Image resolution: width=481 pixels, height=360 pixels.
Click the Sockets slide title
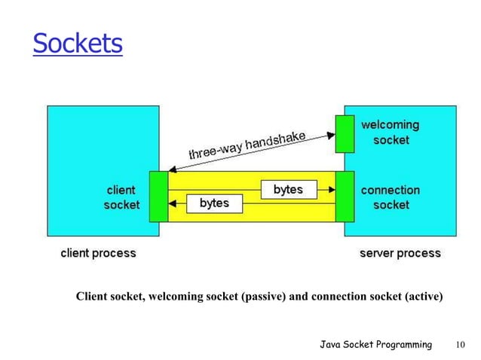tap(77, 44)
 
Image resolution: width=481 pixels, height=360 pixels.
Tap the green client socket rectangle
tap(158, 197)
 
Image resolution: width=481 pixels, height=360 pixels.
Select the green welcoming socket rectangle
tap(345, 133)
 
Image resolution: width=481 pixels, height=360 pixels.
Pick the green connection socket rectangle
tap(345, 197)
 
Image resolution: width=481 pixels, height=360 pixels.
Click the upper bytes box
tap(288, 190)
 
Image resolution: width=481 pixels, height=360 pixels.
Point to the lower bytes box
tap(214, 203)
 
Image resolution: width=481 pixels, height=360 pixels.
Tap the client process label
tap(98, 254)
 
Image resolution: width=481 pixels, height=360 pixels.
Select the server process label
tap(400, 254)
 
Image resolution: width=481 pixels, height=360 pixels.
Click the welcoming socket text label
tap(390, 133)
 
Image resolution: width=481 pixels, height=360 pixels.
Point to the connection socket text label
tap(390, 197)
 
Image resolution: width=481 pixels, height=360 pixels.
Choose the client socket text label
tap(121, 197)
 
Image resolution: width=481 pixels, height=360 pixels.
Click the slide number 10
tap(460, 345)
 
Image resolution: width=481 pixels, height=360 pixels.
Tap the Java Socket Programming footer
tap(375, 345)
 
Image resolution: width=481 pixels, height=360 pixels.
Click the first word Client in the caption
tap(93, 297)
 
